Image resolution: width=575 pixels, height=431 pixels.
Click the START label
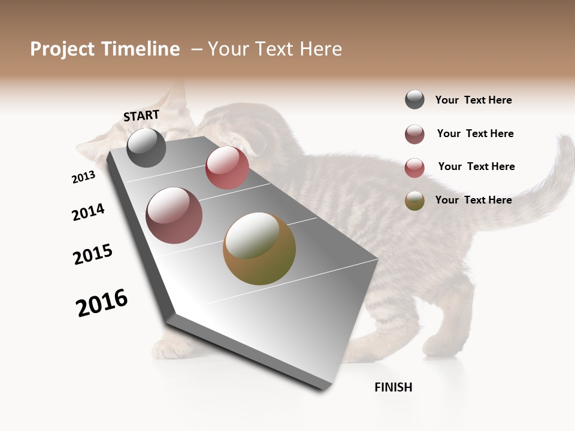pyautogui.click(x=141, y=116)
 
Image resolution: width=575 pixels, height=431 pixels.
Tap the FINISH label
pyautogui.click(x=393, y=387)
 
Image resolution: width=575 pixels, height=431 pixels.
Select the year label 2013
pyautogui.click(x=83, y=177)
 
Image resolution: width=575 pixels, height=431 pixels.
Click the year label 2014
pyautogui.click(x=88, y=212)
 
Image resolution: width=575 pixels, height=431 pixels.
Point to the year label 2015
pyautogui.click(x=93, y=254)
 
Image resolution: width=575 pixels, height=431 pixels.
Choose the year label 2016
pyautogui.click(x=102, y=303)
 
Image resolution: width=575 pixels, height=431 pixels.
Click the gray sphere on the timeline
pyautogui.click(x=146, y=148)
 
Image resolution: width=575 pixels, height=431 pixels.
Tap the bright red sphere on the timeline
pyautogui.click(x=227, y=168)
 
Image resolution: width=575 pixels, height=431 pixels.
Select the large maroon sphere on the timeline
pyautogui.click(x=174, y=215)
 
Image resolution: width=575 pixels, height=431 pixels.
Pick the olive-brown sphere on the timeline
pyautogui.click(x=259, y=248)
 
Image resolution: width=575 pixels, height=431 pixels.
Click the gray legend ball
pyautogui.click(x=414, y=100)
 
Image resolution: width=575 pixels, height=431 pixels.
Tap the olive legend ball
pyautogui.click(x=414, y=201)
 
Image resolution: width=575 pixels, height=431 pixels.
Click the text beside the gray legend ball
pyautogui.click(x=473, y=100)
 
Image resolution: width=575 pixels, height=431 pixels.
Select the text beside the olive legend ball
pyautogui.click(x=473, y=200)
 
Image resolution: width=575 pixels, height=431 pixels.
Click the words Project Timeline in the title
pyautogui.click(x=105, y=49)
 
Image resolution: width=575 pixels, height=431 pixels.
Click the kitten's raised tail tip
pyautogui.click(x=565, y=144)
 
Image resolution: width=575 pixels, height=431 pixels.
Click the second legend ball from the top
pyautogui.click(x=414, y=134)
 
